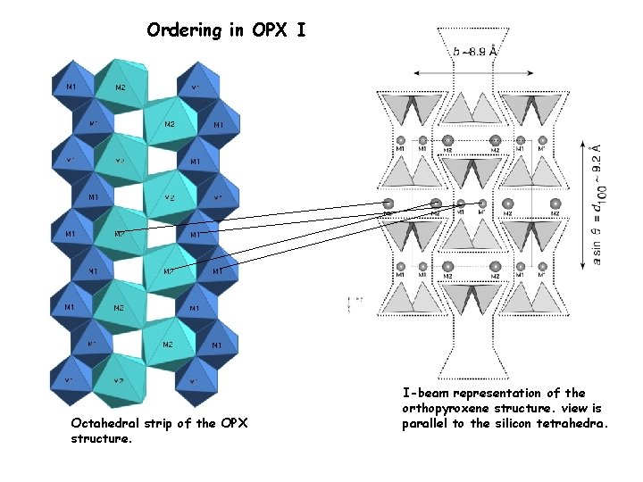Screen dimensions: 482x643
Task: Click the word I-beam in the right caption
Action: (425, 393)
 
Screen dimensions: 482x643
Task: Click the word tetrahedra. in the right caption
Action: (575, 423)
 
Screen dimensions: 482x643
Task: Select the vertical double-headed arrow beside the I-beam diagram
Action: (585, 204)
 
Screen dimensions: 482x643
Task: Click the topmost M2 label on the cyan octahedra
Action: (121, 87)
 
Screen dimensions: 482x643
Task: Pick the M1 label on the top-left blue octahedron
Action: (71, 87)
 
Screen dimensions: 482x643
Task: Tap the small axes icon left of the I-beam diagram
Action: (351, 303)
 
